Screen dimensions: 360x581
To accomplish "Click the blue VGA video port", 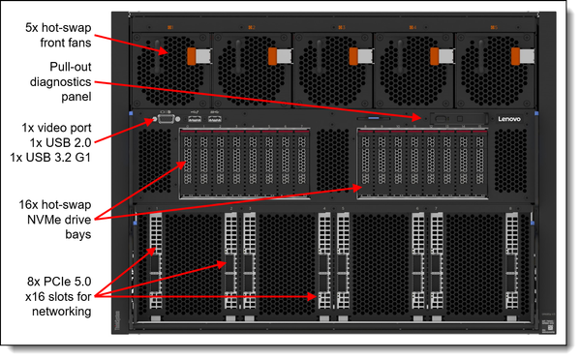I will tap(166, 121).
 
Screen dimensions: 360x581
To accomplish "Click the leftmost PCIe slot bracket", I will tap(155, 261).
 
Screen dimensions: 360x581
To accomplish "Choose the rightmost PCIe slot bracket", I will tap(510, 261).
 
